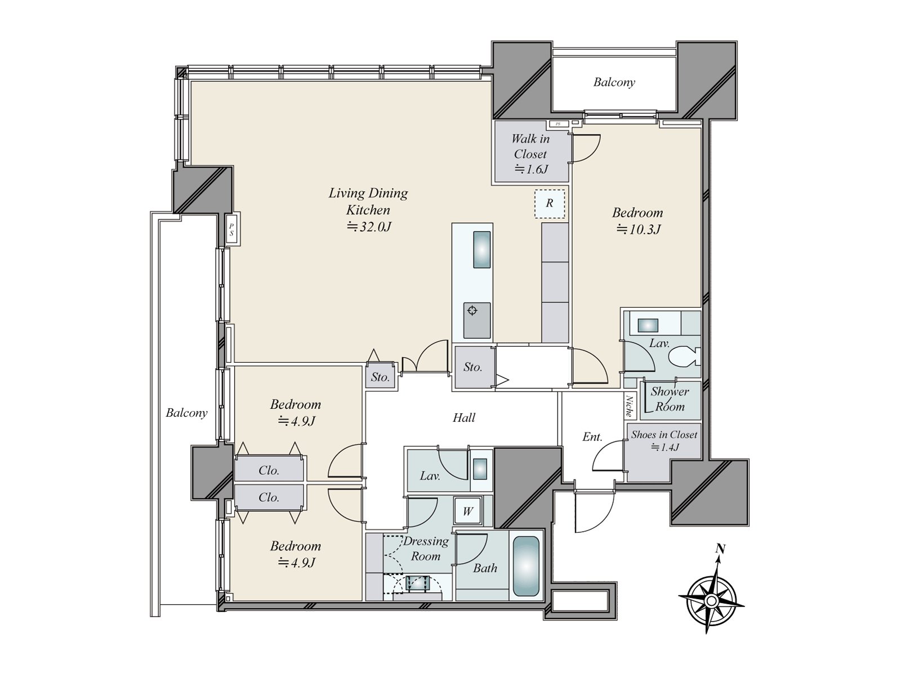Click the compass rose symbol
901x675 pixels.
[x=712, y=601]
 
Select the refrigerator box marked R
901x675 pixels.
[x=550, y=203]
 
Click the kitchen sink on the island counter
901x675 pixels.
[x=482, y=250]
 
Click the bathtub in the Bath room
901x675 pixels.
[x=526, y=566]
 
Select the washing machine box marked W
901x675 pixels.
[x=468, y=511]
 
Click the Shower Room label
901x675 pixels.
[x=670, y=399]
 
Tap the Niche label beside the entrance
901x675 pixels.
[x=629, y=406]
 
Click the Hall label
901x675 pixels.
[x=464, y=417]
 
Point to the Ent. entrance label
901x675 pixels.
[x=592, y=437]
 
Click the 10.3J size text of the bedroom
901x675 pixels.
[x=639, y=229]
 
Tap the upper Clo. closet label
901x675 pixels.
[x=269, y=470]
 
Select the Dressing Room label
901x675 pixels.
[x=426, y=548]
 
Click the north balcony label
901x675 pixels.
[x=614, y=82]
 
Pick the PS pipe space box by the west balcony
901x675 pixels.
[x=232, y=229]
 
